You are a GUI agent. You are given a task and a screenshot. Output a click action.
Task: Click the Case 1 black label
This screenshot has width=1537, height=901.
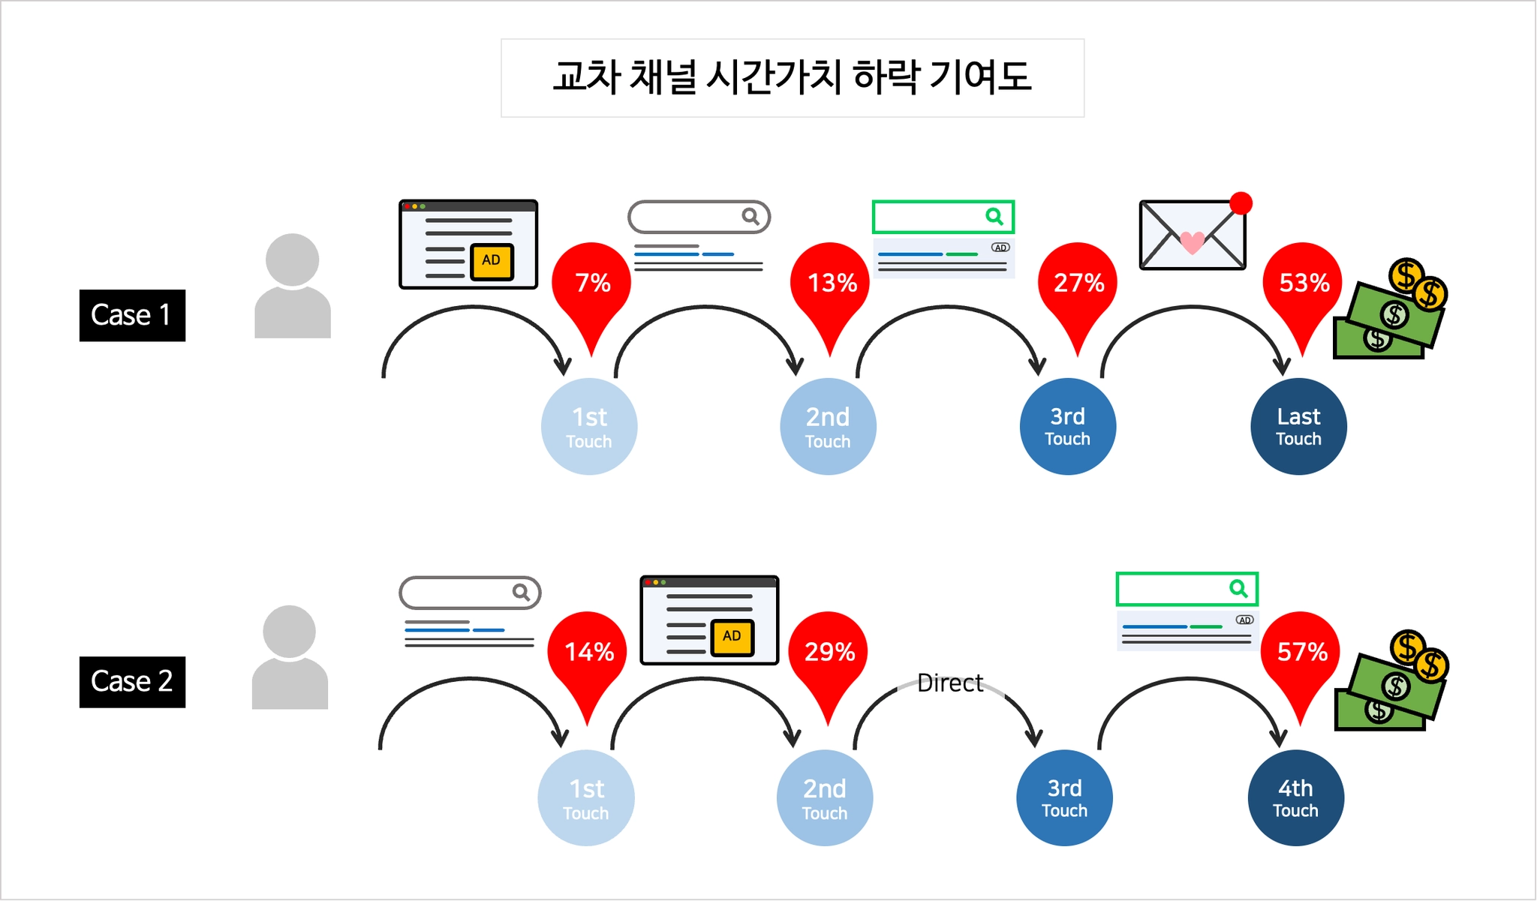132,315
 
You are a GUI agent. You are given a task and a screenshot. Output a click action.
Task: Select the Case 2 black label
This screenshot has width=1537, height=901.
132,682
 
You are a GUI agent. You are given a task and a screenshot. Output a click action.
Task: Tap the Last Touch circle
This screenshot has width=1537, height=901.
1298,426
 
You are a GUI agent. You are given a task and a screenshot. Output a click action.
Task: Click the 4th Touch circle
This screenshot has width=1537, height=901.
1295,797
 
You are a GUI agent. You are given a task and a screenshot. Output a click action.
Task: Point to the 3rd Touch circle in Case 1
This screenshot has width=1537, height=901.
1067,426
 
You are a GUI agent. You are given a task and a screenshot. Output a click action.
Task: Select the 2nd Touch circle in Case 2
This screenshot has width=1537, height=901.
825,797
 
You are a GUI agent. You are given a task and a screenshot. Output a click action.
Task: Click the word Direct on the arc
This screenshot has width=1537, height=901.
950,683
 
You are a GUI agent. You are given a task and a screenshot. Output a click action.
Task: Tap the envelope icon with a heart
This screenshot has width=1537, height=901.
1193,235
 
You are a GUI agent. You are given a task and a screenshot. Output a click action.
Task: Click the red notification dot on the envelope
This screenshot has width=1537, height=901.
1241,203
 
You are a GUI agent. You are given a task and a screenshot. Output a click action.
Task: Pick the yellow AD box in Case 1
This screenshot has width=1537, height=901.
492,261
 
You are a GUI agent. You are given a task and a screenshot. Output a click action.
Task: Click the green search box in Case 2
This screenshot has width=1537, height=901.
1187,589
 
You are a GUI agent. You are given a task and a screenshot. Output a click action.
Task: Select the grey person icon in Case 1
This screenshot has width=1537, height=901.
293,286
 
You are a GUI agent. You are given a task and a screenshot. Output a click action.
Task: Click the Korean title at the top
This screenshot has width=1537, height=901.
793,77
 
